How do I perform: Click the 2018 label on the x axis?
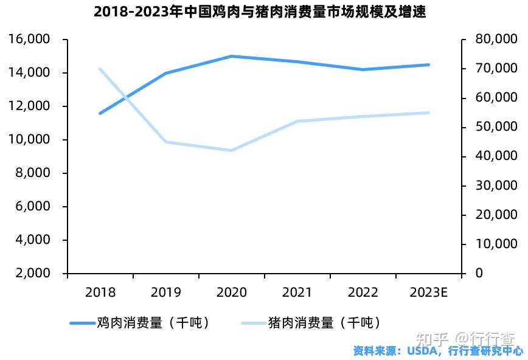[x=100, y=292]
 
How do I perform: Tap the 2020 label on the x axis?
[x=232, y=292]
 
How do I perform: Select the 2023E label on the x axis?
[x=429, y=292]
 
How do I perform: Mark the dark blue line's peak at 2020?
[x=232, y=56]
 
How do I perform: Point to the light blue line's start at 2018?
[x=100, y=69]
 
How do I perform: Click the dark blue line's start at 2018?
[x=100, y=113]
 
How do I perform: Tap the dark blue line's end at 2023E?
[x=429, y=64]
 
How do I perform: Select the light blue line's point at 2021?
[x=297, y=121]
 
